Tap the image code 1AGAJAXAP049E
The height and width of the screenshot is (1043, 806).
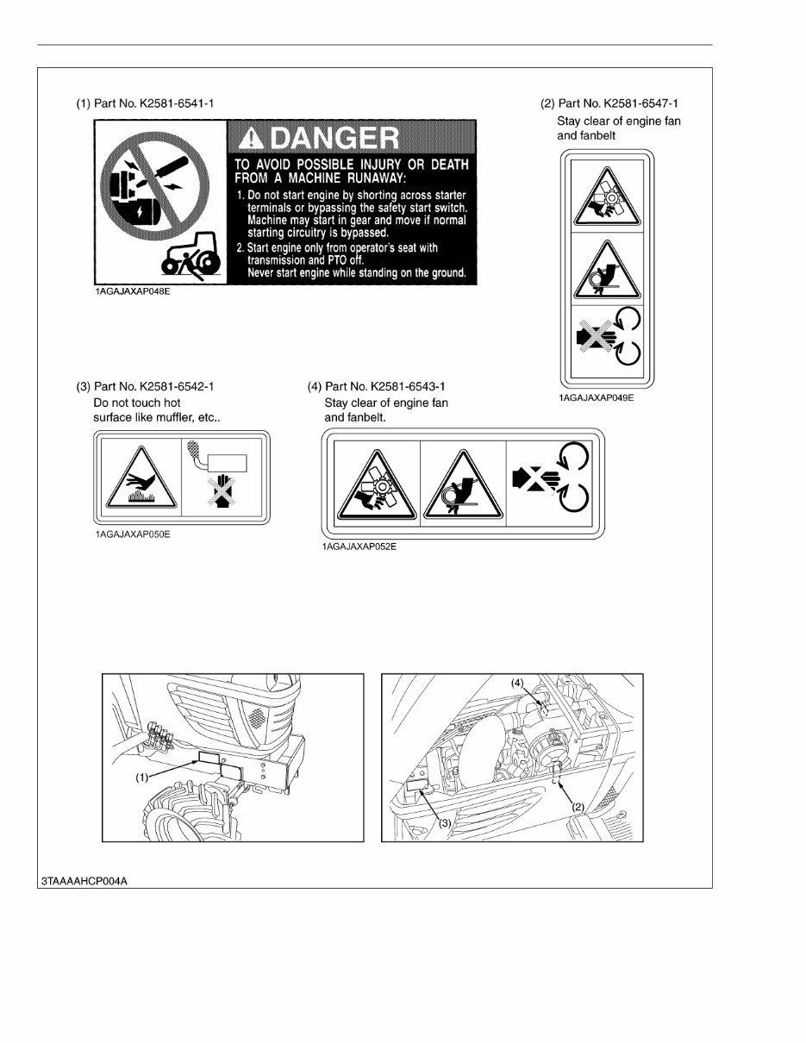595,399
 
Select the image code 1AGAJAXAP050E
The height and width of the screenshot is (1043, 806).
133,534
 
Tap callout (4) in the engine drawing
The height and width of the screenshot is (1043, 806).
516,682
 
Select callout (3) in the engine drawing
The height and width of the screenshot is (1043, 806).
445,822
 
